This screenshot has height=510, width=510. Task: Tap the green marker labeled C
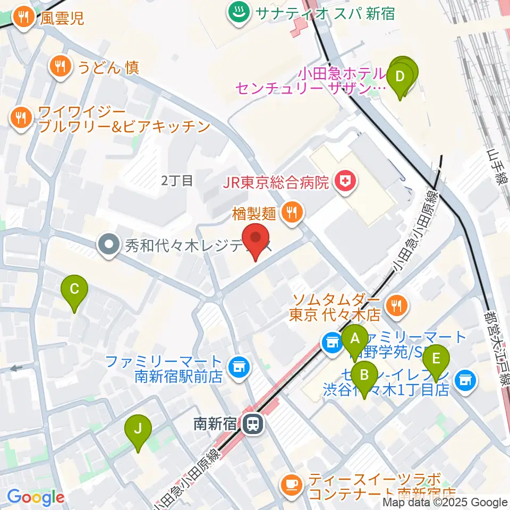(x=74, y=291)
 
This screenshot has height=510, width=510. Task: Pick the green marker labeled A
(x=355, y=339)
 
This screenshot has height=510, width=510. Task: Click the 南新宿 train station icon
(x=252, y=423)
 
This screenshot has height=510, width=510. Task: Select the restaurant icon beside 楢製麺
(x=291, y=213)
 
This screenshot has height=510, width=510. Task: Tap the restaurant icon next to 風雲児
(x=23, y=19)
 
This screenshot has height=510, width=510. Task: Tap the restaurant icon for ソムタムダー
(x=396, y=304)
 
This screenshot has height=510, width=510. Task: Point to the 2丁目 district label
(x=177, y=181)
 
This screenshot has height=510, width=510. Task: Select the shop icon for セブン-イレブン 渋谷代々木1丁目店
(x=466, y=379)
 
